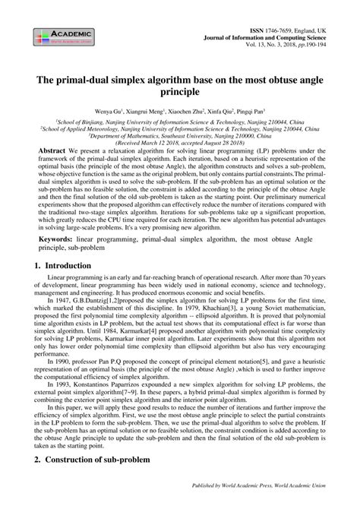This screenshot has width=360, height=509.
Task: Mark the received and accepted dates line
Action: tap(181, 142)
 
